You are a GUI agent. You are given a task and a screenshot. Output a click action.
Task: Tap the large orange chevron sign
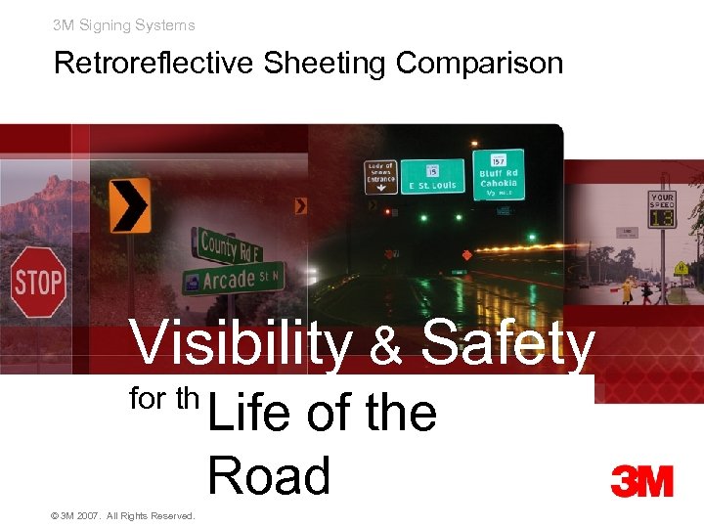point(130,205)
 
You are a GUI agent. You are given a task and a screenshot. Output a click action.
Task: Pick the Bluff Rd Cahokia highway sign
point(498,173)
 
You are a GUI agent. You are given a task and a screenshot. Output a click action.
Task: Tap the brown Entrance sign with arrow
point(380,176)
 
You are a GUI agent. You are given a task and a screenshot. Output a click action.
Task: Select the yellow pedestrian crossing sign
point(681,268)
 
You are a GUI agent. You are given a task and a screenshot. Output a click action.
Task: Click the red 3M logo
point(641,481)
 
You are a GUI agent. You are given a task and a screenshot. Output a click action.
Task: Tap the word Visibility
point(242,344)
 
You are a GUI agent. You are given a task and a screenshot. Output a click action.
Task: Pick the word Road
point(269,476)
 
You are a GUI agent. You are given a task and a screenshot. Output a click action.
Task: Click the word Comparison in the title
point(479,64)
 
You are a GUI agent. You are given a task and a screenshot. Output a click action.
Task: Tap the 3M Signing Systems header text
point(124,25)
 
